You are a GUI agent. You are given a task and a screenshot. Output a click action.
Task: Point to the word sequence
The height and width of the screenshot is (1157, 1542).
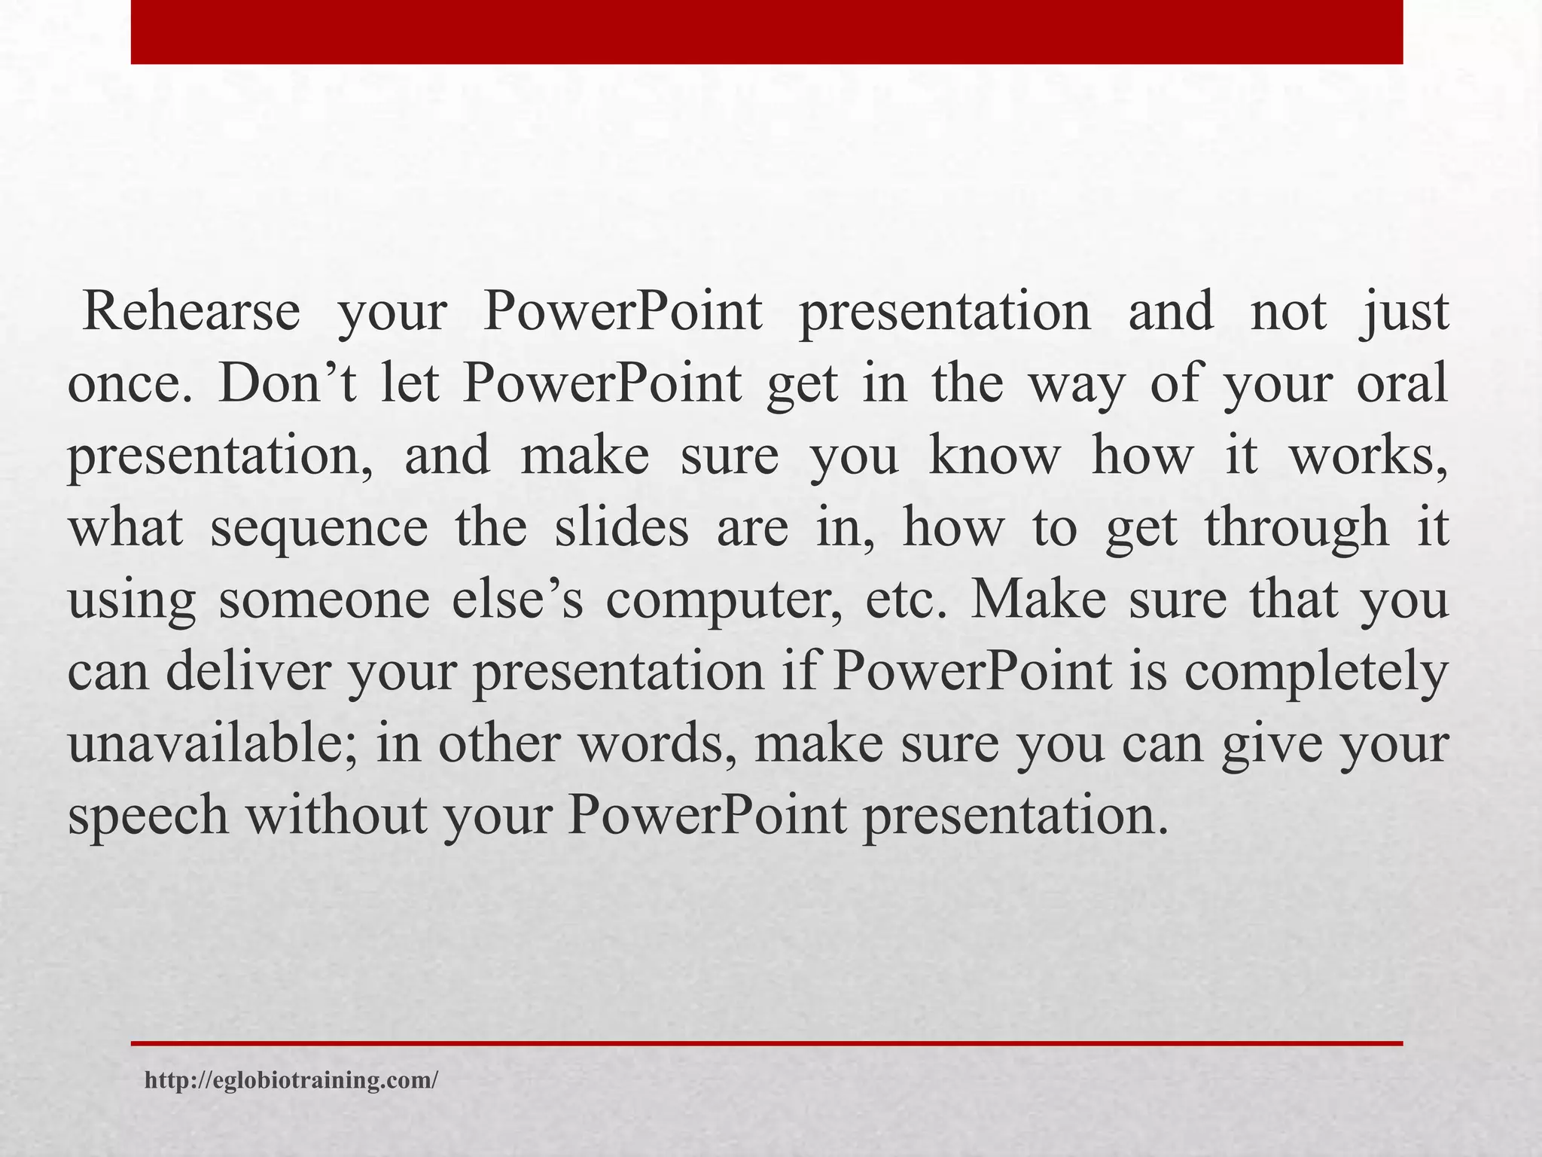point(319,529)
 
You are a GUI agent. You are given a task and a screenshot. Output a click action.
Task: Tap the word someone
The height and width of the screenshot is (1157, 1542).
point(324,600)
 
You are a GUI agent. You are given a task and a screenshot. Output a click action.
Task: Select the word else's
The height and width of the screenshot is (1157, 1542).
point(518,600)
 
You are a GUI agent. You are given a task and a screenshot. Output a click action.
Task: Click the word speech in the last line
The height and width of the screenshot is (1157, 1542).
point(148,817)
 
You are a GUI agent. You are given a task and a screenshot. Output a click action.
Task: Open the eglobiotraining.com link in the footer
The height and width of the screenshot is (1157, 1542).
point(291,1081)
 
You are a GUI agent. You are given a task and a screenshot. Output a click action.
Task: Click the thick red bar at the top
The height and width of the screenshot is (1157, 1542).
point(766,32)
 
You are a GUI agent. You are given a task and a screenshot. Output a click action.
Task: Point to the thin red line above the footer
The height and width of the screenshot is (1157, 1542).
point(766,1043)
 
